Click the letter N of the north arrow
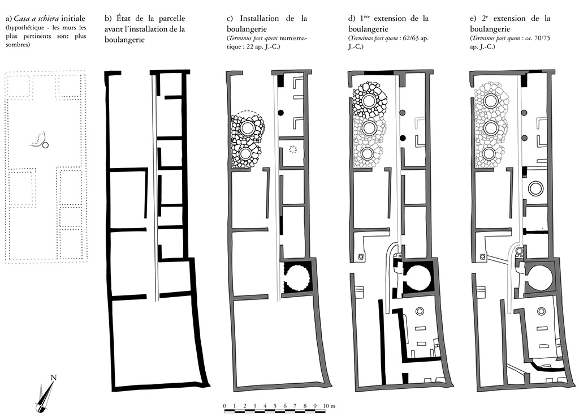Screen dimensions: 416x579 pos(53,378)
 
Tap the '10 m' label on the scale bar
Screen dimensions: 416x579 pos(329,406)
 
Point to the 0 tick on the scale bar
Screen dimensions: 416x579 pos(225,406)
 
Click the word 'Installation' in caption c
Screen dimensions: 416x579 pos(262,18)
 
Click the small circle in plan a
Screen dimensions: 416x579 pos(45,145)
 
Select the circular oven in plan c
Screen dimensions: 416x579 pos(297,277)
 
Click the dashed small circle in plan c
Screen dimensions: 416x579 pos(292,149)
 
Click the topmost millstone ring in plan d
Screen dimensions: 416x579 pos(369,101)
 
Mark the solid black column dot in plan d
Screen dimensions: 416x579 pos(403,138)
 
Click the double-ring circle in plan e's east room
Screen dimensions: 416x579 pos(535,188)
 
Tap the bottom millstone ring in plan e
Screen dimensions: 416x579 pos(490,153)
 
